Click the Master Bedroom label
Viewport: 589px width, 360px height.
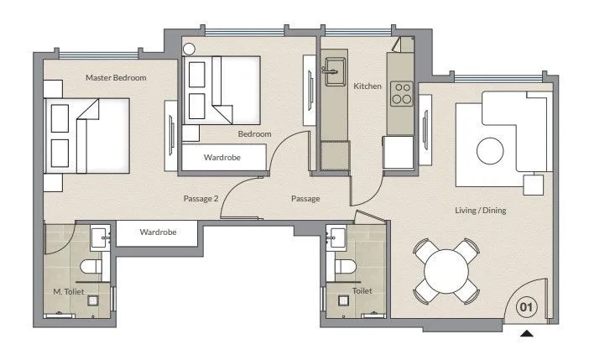pyautogui.click(x=116, y=78)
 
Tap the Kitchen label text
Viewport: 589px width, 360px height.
pyautogui.click(x=367, y=86)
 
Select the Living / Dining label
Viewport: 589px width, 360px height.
pyautogui.click(x=481, y=211)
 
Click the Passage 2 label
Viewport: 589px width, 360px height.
pyautogui.click(x=201, y=199)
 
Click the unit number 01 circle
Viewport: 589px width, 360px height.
pyautogui.click(x=526, y=307)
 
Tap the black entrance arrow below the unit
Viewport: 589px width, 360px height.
pyautogui.click(x=527, y=334)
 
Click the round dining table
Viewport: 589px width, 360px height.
pyautogui.click(x=446, y=271)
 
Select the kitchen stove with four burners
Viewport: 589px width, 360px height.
pyautogui.click(x=402, y=91)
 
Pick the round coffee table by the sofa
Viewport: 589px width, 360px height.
pyautogui.click(x=490, y=151)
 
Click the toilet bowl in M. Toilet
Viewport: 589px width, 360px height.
pyautogui.click(x=90, y=268)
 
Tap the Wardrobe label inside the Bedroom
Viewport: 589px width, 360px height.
pyautogui.click(x=224, y=156)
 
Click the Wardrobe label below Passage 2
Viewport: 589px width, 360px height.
pyautogui.click(x=158, y=232)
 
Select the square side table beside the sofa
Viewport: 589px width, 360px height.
pyautogui.click(x=534, y=185)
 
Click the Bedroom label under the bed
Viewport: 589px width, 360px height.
pyautogui.click(x=254, y=134)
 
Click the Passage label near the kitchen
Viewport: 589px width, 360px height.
pyautogui.click(x=305, y=199)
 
